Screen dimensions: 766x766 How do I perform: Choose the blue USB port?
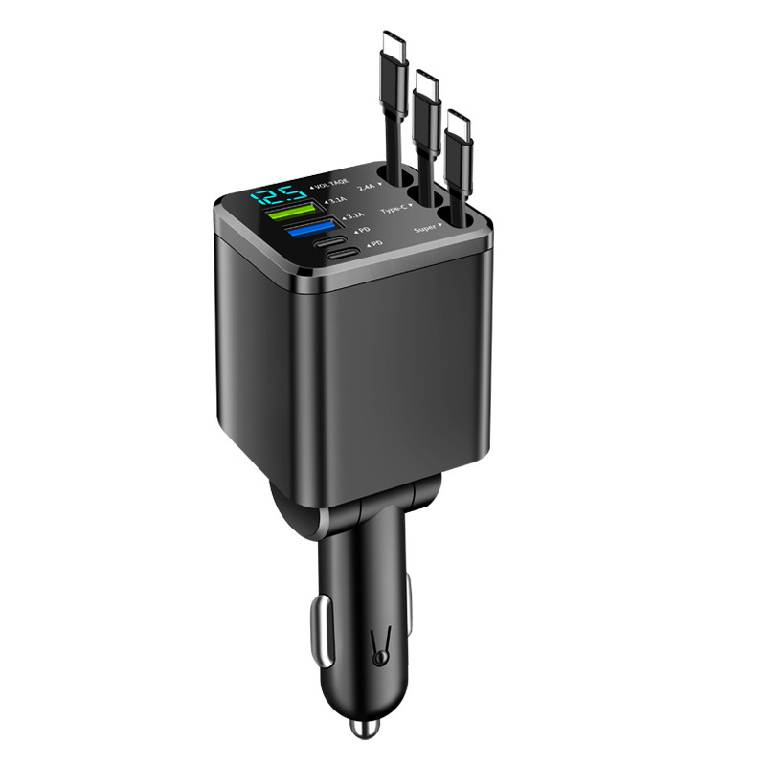click(x=308, y=230)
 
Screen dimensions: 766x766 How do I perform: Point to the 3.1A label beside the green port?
click(x=337, y=200)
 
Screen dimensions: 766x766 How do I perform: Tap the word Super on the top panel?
click(x=426, y=230)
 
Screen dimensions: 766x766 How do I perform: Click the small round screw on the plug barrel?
click(x=380, y=658)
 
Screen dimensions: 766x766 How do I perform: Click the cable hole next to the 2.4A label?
click(x=390, y=178)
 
